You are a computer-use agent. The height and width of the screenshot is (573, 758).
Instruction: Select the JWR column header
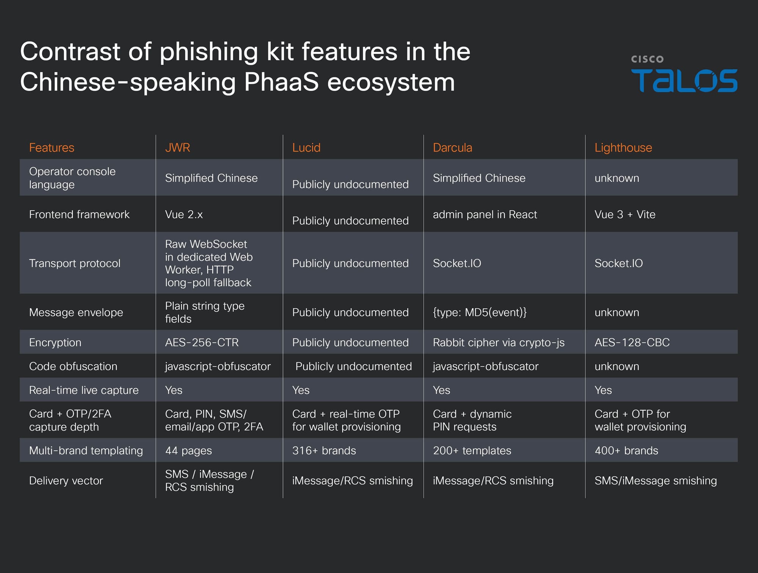coord(177,148)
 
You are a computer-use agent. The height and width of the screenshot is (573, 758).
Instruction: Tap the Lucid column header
coord(306,148)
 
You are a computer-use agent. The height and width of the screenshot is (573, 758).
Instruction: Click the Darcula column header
coord(453,148)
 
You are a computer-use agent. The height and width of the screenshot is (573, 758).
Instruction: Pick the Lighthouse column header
coord(623,148)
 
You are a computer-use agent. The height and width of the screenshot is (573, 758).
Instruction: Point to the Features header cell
coord(52,148)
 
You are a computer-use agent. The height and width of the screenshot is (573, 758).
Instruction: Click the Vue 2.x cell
coord(184,214)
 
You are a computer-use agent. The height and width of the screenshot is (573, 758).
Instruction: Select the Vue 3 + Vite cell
coord(625,214)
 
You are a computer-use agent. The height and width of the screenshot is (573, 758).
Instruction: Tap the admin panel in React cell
coord(485,214)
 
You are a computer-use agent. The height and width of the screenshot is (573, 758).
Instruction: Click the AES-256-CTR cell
coord(202,342)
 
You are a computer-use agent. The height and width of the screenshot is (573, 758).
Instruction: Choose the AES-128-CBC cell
coord(632,342)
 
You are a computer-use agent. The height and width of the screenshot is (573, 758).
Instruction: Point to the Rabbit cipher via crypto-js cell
coord(498,342)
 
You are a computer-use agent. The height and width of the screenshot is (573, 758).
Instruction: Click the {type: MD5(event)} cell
coord(479,312)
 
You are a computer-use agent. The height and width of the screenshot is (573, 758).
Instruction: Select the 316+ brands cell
coord(324,451)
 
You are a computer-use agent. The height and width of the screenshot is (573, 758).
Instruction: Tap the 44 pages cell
coord(188,451)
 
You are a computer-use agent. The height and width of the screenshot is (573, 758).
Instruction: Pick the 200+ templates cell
coord(472,451)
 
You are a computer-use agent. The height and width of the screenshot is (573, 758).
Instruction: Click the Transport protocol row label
coord(75,263)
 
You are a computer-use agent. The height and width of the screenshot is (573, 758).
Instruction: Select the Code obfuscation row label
coord(73,366)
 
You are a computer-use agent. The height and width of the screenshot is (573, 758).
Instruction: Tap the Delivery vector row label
coord(66,481)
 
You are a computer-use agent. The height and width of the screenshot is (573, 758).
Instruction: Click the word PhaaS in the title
coord(281,82)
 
